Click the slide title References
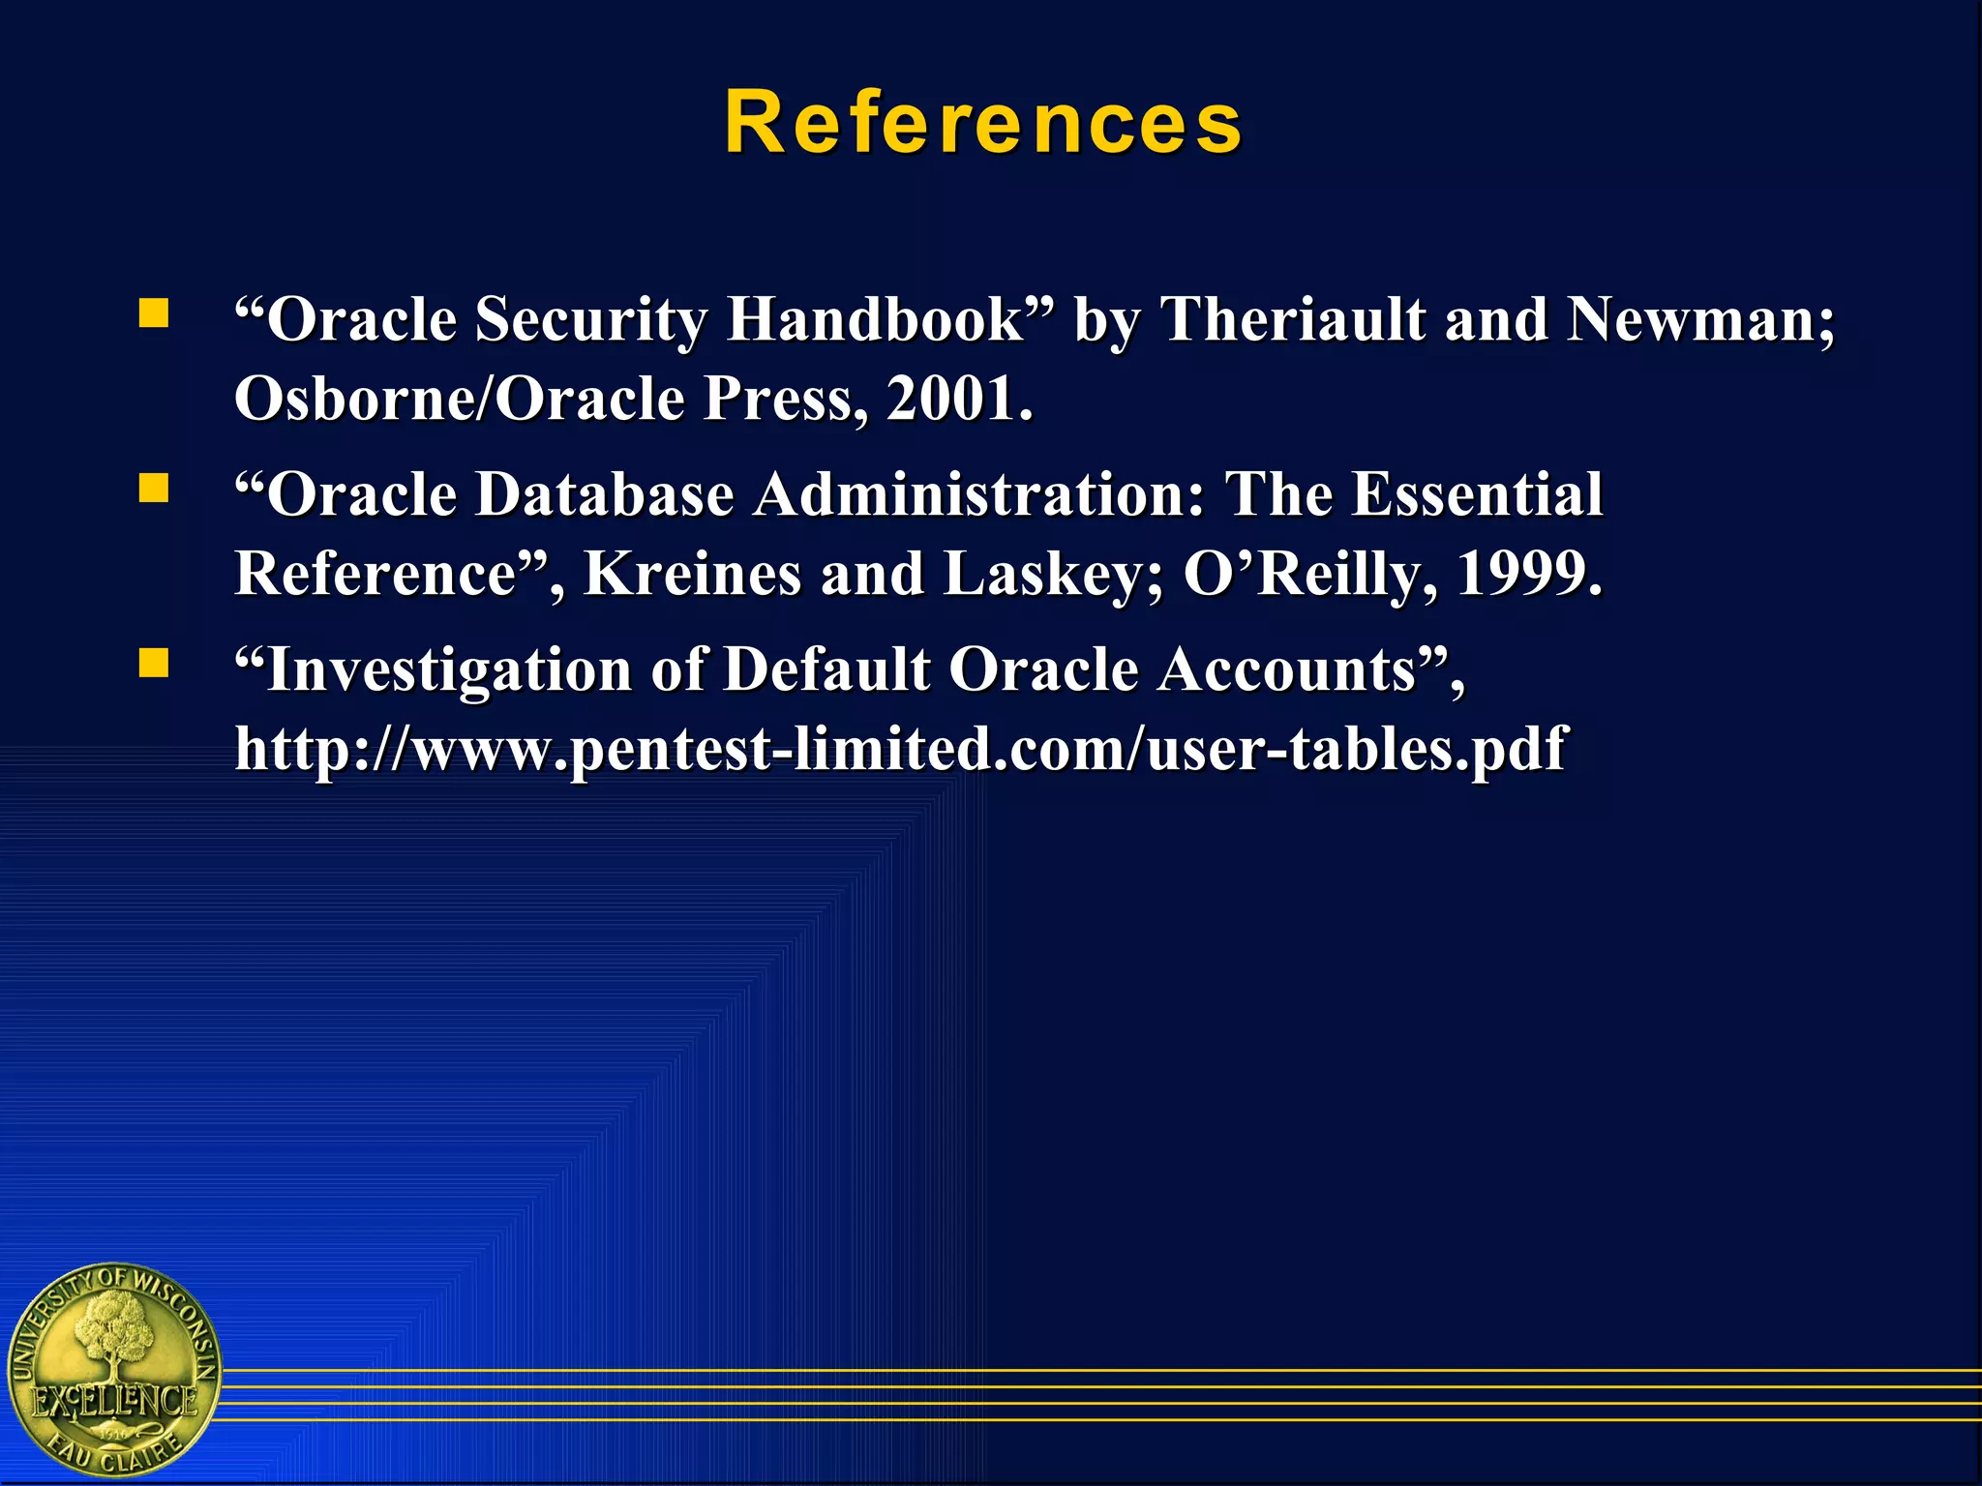pos(983,123)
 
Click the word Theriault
pos(1293,319)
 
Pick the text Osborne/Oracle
pos(460,399)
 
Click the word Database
pos(606,494)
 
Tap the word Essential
pos(1477,494)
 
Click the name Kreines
pos(693,574)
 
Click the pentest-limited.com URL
pos(900,749)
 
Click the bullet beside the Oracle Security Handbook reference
pos(154,313)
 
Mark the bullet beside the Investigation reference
pos(154,663)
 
